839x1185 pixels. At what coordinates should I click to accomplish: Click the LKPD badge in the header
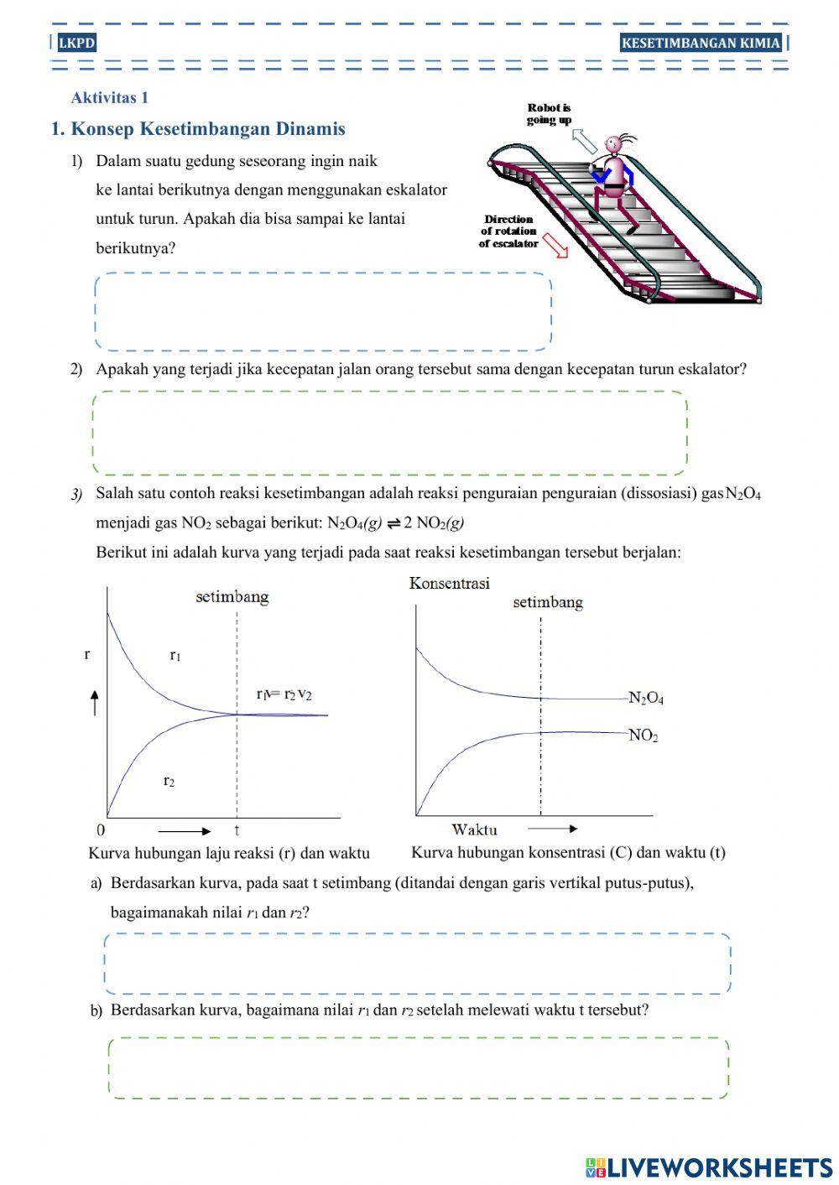77,43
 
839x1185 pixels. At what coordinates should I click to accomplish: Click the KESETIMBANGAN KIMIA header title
701,43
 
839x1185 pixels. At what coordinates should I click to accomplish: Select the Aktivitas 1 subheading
110,97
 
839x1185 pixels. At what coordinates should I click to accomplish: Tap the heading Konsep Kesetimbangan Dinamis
198,128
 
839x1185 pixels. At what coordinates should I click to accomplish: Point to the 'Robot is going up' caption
549,113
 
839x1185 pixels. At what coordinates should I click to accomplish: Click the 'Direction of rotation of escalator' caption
508,231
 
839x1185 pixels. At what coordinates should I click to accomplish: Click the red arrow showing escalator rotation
555,246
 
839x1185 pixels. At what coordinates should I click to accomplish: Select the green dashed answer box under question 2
389,433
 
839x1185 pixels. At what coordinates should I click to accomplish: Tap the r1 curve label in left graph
175,655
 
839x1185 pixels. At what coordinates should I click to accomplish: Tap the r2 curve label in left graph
169,781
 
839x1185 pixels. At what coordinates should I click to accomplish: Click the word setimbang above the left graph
232,597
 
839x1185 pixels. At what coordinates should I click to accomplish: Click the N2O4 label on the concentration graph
646,698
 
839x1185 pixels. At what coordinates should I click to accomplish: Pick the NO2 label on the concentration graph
644,735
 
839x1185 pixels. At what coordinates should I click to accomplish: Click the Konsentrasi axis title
450,583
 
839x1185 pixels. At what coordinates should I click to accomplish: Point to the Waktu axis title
474,829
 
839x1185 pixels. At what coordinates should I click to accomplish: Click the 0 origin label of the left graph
102,830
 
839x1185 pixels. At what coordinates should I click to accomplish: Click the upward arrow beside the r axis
95,702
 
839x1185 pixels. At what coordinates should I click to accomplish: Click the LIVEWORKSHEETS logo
709,1167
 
